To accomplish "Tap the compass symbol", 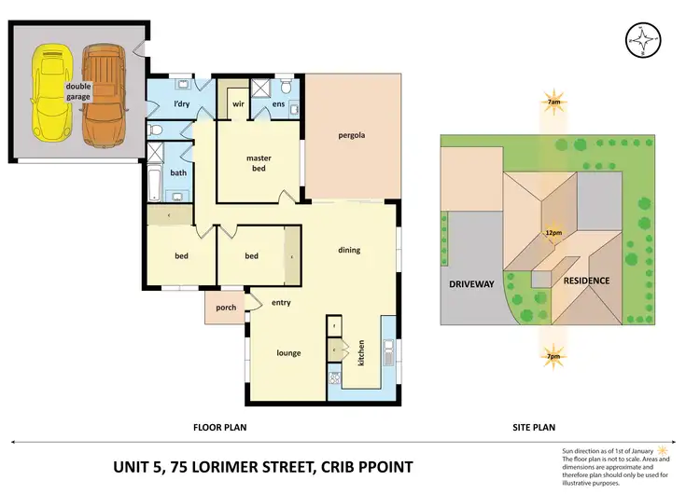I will point(643,39).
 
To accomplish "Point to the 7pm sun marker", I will point(554,357).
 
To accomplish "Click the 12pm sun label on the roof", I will point(554,233).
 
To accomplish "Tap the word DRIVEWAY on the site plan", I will point(472,281).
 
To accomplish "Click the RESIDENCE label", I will point(585,281).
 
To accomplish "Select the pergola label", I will point(351,136).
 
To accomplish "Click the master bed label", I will point(259,163).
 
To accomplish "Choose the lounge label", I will point(287,353).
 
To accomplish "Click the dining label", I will point(349,250).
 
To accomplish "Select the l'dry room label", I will point(177,104).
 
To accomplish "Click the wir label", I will point(239,104).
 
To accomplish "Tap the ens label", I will point(279,104).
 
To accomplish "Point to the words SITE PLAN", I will point(535,428).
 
